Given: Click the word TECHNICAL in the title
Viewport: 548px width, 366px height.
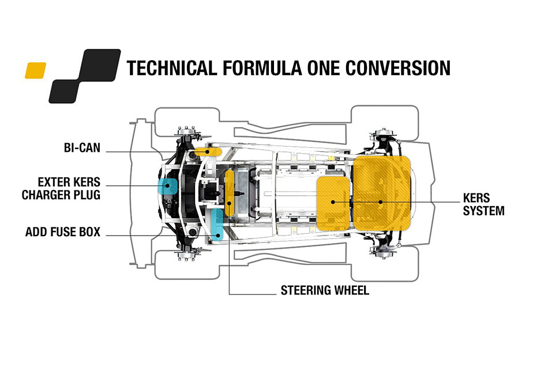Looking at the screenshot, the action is [171, 68].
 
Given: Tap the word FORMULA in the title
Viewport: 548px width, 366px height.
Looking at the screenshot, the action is [262, 68].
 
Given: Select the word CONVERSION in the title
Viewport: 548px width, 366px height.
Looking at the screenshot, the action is [397, 68].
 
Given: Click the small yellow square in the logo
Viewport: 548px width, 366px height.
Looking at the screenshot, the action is [35, 70].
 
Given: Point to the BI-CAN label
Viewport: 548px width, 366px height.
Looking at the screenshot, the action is [82, 148].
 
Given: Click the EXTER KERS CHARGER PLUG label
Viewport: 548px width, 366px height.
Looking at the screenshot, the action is [61, 189].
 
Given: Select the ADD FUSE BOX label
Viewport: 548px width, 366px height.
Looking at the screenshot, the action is [63, 232].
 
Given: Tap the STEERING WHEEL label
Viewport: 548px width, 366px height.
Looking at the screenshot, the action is [325, 290].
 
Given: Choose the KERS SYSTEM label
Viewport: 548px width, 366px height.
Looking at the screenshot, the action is [484, 204].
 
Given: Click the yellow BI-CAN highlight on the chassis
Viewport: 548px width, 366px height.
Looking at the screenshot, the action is [208, 152].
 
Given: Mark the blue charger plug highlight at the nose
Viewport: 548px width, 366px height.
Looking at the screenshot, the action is [168, 186].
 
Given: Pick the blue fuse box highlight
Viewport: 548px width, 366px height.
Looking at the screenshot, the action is [217, 225].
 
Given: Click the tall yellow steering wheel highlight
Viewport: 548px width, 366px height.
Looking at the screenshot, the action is [229, 193].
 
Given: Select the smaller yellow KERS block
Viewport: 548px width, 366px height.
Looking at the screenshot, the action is [333, 203].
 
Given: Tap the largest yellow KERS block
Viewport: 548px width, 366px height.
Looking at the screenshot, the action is [382, 193].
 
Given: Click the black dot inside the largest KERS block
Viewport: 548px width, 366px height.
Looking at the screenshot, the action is [381, 202].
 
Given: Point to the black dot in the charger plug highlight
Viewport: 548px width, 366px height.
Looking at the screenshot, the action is [168, 186].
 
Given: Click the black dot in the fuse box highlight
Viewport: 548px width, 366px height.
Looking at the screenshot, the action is [218, 236].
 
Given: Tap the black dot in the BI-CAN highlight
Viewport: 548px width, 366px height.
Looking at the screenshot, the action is [207, 152].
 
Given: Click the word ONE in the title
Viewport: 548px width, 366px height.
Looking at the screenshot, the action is [323, 68].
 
